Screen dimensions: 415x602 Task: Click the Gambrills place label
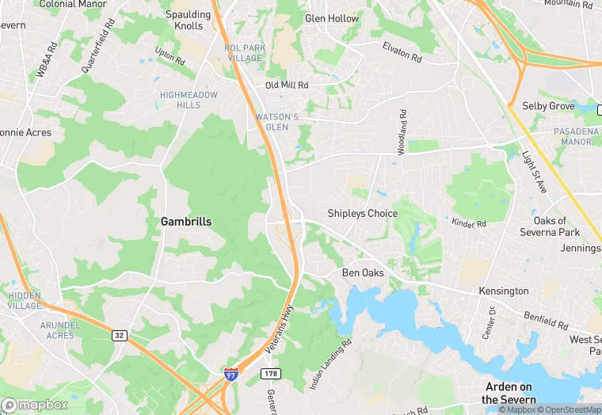tap(186, 222)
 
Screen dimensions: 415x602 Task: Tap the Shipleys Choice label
tap(363, 213)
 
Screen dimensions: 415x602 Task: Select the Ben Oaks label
tap(363, 273)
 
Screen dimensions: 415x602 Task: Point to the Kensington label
tap(503, 291)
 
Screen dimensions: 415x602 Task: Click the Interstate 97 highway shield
tap(231, 375)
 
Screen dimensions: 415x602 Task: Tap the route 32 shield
tap(119, 336)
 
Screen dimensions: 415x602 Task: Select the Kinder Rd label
tap(468, 223)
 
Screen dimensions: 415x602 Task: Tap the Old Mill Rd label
tap(287, 85)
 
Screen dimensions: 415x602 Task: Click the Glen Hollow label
tap(332, 18)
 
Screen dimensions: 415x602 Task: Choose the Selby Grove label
tap(548, 105)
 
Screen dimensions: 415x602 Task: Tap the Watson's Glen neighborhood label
tap(277, 122)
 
